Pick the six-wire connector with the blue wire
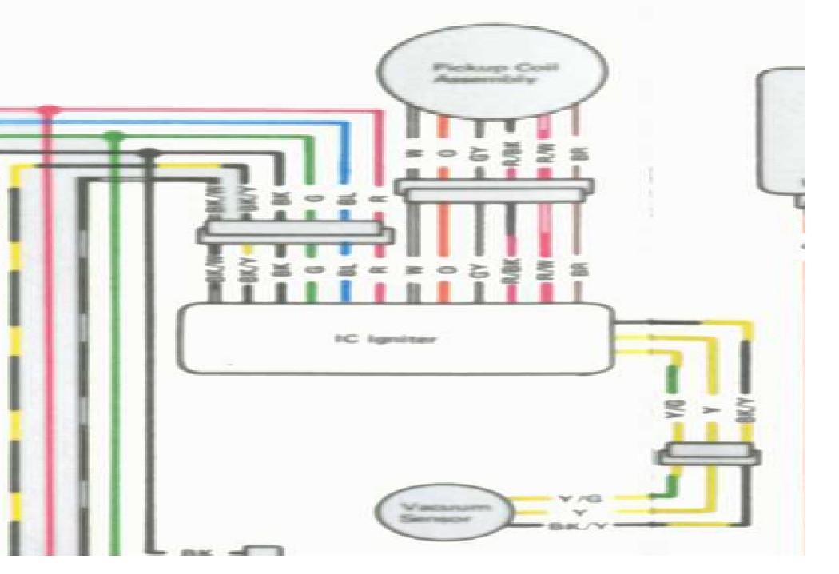[296, 234]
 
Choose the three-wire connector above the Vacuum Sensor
[708, 456]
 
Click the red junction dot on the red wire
[50, 110]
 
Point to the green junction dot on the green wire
[116, 138]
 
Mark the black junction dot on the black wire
[147, 152]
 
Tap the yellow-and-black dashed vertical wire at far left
[15, 360]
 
